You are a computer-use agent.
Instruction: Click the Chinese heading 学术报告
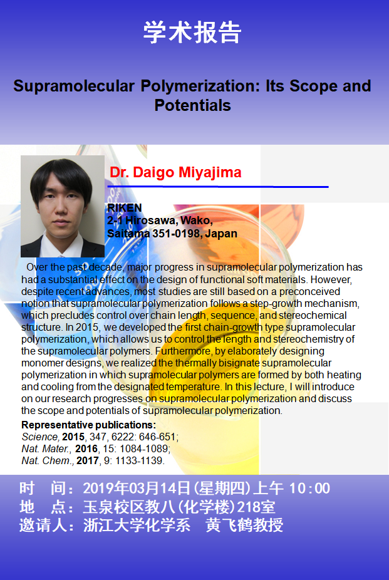click(x=192, y=33)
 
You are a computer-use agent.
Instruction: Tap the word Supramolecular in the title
click(x=74, y=86)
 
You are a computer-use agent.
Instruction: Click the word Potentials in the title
click(x=193, y=105)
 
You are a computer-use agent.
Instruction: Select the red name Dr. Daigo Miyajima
click(x=175, y=172)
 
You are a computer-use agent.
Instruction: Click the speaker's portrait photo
click(x=63, y=206)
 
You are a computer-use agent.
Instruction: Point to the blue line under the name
click(x=218, y=187)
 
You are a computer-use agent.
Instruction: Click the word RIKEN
click(x=125, y=208)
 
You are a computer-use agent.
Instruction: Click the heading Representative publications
click(x=89, y=425)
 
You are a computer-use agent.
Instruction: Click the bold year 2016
click(x=86, y=448)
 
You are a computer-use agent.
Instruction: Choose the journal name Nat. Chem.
click(x=48, y=460)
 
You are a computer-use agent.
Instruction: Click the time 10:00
click(x=309, y=489)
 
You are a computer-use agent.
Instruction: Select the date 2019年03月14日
click(x=137, y=489)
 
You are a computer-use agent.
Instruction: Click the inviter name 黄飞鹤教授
click(x=244, y=526)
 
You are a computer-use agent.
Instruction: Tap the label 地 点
click(x=43, y=507)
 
